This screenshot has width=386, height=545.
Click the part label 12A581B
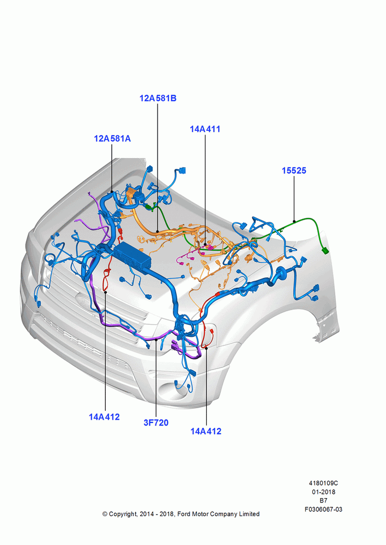click(x=158, y=98)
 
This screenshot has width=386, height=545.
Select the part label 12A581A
click(x=112, y=138)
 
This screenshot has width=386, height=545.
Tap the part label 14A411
click(x=205, y=129)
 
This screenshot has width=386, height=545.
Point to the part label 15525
click(x=294, y=171)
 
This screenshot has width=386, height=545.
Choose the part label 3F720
click(x=156, y=423)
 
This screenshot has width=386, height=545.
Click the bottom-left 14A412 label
click(x=104, y=417)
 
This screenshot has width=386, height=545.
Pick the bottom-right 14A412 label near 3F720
click(x=206, y=431)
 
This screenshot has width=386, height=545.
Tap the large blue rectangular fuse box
click(x=132, y=256)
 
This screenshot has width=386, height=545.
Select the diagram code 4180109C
click(x=323, y=483)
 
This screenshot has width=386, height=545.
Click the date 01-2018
click(x=323, y=492)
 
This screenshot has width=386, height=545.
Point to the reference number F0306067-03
click(x=323, y=509)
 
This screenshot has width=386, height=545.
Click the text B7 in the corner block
click(x=323, y=500)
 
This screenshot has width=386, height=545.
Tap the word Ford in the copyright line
click(x=184, y=514)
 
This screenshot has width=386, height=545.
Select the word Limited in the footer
click(x=249, y=514)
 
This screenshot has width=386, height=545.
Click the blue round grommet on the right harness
click(x=280, y=274)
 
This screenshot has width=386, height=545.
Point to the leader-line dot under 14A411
click(x=205, y=245)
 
